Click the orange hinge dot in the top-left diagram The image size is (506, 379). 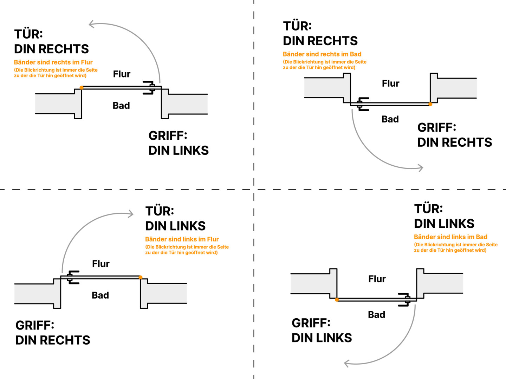tap(82, 87)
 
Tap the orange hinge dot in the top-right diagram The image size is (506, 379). tap(430, 104)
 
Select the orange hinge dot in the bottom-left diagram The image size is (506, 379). tap(141, 277)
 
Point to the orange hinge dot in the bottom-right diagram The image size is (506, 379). tap(337, 300)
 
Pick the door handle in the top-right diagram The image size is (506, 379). tap(362, 104)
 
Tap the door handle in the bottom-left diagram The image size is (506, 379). tap(72, 277)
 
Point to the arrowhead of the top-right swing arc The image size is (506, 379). tap(421, 168)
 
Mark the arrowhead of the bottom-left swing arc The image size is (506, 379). tap(131, 213)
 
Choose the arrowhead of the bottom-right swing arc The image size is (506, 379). tap(346, 364)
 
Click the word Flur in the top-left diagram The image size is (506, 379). tap(122, 74)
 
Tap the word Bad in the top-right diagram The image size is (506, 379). tap(390, 119)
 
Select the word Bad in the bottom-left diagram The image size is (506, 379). tap(100, 295)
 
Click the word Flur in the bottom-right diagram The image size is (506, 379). tap(377, 279)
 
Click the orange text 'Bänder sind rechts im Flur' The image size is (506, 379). tap(53, 62)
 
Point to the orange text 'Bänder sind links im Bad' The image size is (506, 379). tap(450, 237)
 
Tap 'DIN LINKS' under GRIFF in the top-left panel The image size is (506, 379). tap(179, 151)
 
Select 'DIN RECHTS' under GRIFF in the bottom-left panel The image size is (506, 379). tap(53, 340)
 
